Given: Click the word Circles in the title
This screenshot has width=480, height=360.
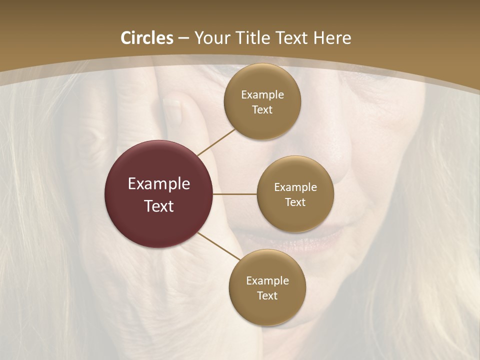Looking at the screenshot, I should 147,38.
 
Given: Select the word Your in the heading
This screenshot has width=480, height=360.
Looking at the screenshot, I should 213,38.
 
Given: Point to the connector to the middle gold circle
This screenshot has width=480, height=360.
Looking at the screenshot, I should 234,194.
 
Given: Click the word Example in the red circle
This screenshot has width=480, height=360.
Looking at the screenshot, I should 159,183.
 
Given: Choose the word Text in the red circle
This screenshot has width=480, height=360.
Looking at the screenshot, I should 159,206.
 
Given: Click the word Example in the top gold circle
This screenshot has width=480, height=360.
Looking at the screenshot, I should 262,94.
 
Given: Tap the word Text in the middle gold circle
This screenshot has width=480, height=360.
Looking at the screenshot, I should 295,202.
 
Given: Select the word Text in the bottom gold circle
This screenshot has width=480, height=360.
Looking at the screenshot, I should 267,295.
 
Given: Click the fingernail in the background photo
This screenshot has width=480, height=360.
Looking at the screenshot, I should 172,111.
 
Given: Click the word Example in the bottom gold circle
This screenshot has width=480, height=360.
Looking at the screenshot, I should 267,280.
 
